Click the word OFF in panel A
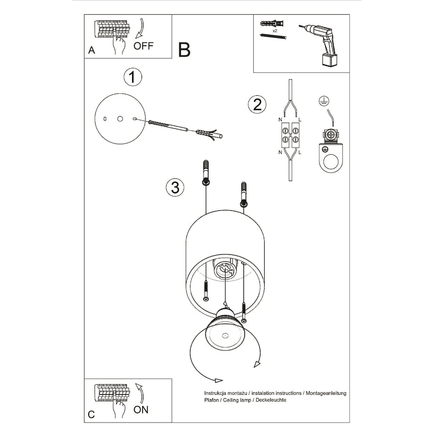(143, 46)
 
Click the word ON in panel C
(141, 409)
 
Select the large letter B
(184, 50)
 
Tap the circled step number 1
(133, 77)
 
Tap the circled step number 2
(257, 104)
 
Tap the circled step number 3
(175, 187)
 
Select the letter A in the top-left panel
(92, 50)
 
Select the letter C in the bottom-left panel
(92, 415)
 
